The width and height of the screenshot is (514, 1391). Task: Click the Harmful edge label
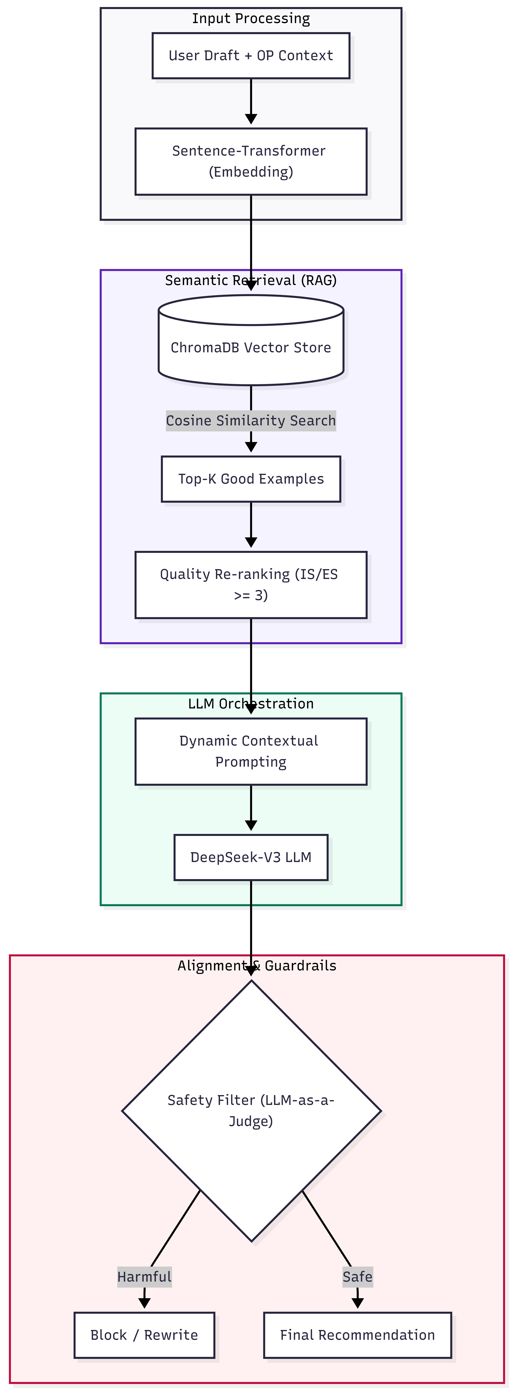144,1277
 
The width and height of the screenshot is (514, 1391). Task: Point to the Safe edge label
357,1277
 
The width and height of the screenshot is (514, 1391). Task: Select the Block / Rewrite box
144,1335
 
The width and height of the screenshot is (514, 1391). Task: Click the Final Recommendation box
357,1335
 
